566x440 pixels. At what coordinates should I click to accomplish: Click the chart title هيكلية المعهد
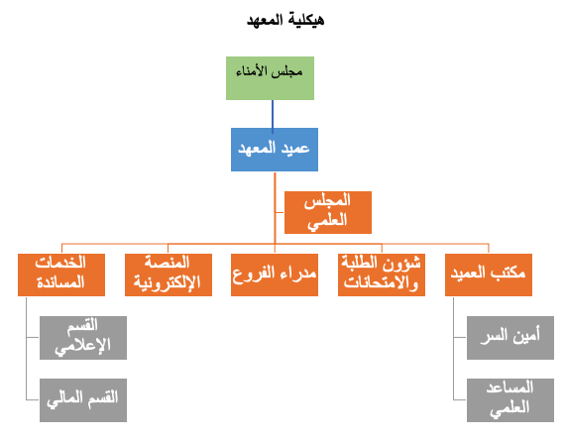[x=285, y=20]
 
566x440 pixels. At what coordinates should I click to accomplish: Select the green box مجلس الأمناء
[x=270, y=78]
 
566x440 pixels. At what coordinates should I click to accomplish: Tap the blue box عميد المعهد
[x=275, y=150]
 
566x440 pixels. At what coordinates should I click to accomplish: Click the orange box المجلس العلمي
[x=328, y=213]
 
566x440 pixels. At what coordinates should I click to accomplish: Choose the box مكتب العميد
[x=489, y=275]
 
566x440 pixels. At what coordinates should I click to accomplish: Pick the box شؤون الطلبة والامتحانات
[x=382, y=275]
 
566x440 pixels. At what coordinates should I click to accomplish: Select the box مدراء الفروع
[x=275, y=275]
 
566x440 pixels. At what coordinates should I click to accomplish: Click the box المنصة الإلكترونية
[x=169, y=275]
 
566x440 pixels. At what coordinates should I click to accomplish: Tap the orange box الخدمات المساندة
[x=61, y=275]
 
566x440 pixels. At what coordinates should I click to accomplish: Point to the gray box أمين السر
[x=510, y=338]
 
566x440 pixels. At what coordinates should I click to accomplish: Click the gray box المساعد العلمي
[x=510, y=400]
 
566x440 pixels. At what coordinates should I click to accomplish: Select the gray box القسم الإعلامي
[x=83, y=338]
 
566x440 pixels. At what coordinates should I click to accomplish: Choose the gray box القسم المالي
[x=83, y=400]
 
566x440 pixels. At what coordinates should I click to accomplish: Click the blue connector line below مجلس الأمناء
[x=273, y=116]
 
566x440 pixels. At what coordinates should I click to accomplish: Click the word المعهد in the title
[x=265, y=20]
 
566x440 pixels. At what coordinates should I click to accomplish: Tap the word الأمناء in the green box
[x=252, y=71]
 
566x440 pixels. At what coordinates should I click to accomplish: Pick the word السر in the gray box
[x=494, y=336]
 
